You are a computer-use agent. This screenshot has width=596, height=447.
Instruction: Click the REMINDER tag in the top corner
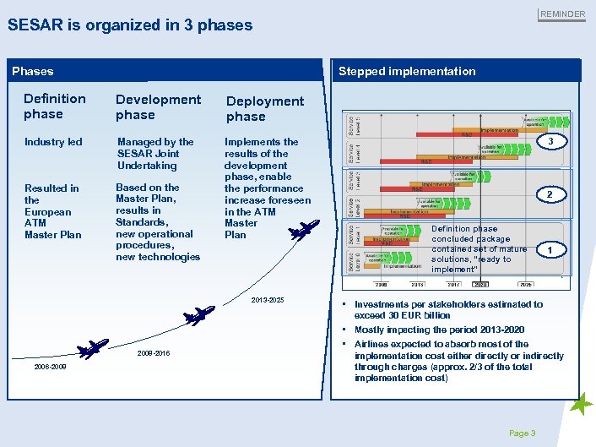pyautogui.click(x=562, y=14)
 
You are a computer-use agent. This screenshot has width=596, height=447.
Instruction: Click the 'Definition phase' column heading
pyautogui.click(x=54, y=106)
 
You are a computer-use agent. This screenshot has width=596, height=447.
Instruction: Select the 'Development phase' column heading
pyautogui.click(x=158, y=107)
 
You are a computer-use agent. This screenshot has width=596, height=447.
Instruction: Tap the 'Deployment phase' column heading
pyautogui.click(x=264, y=109)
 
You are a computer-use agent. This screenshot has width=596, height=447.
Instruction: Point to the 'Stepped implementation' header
pyautogui.click(x=407, y=72)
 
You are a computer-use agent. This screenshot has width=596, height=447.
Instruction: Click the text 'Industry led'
pyautogui.click(x=53, y=142)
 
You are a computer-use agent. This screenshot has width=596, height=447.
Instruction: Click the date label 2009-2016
pyautogui.click(x=153, y=353)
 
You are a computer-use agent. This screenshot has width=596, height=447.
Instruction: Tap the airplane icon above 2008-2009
pyautogui.click(x=91, y=347)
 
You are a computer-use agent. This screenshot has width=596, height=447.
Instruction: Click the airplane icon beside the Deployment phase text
pyautogui.click(x=304, y=229)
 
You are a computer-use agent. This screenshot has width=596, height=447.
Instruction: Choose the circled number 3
pyautogui.click(x=551, y=141)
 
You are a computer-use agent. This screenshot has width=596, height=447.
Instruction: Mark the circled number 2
pyautogui.click(x=551, y=196)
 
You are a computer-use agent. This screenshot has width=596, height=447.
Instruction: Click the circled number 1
pyautogui.click(x=551, y=250)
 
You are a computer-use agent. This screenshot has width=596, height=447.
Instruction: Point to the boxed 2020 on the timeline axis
pyautogui.click(x=481, y=285)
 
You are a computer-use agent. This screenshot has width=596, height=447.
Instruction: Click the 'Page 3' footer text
pyautogui.click(x=522, y=433)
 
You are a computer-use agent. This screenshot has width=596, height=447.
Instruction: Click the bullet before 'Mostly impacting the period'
pyautogui.click(x=345, y=330)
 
